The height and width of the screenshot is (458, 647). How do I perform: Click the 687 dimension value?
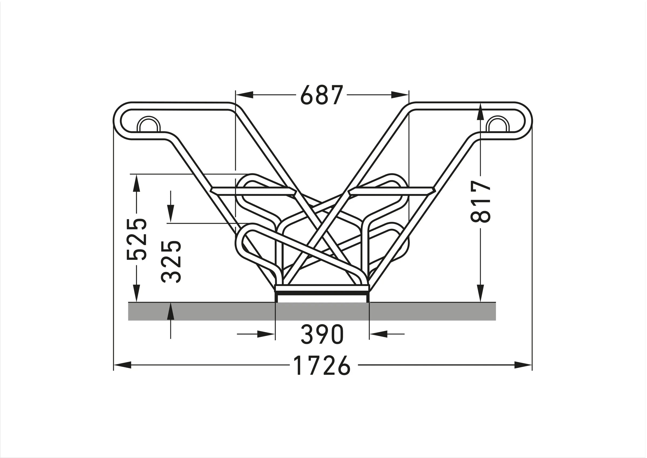click(322, 95)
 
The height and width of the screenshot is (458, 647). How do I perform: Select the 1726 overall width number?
click(322, 365)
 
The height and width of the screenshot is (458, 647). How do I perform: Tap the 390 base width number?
click(322, 334)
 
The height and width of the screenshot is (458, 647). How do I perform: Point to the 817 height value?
click(481, 202)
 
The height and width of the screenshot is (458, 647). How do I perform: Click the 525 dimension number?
click(136, 239)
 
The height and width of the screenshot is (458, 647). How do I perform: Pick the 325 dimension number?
click(171, 262)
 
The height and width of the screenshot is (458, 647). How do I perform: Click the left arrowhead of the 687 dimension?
click(245, 95)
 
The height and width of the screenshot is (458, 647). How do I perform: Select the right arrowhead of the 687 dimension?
click(400, 95)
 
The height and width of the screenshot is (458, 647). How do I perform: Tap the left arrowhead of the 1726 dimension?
click(123, 365)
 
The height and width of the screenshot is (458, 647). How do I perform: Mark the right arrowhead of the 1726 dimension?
click(523, 365)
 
